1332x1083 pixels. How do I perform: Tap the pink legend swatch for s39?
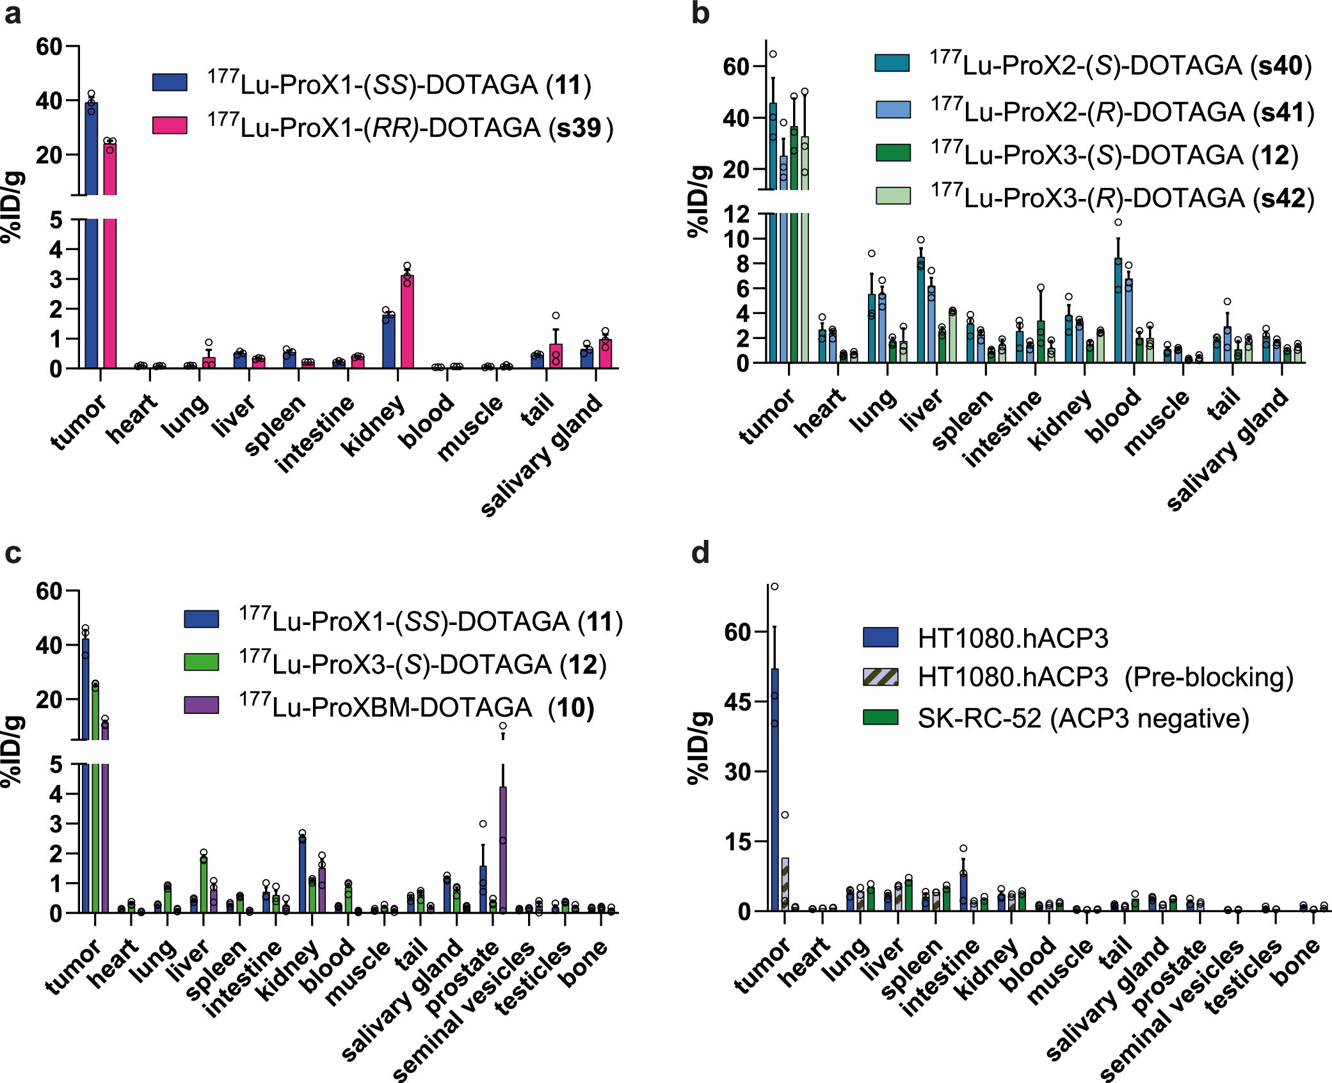click(170, 125)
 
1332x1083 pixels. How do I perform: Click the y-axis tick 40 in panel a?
click(49, 101)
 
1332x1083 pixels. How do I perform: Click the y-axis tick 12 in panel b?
click(736, 214)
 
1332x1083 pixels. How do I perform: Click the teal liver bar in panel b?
click(920, 310)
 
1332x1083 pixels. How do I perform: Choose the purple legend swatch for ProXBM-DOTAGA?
click(201, 706)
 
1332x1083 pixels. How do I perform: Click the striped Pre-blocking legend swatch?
click(880, 677)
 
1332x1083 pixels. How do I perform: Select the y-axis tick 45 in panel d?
click(742, 702)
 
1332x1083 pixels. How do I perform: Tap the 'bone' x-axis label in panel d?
click(1296, 963)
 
